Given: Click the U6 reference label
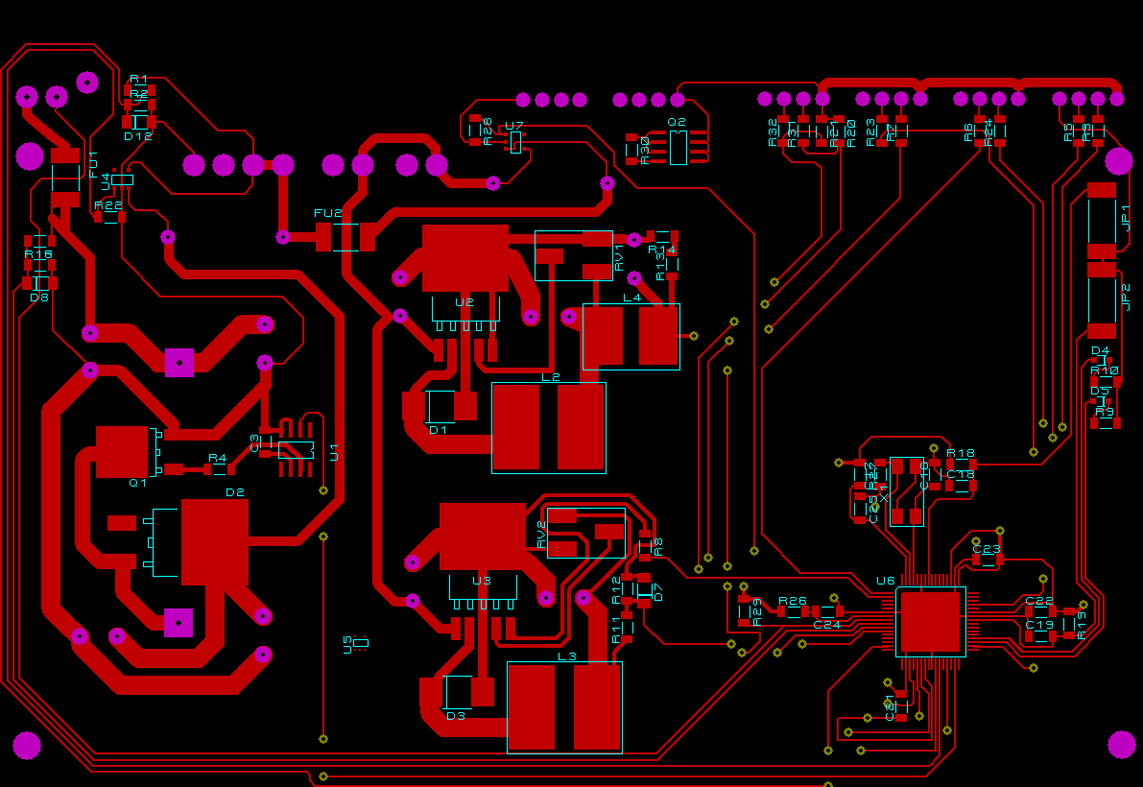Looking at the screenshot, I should tap(885, 581).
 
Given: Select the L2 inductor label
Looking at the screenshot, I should tap(550, 377).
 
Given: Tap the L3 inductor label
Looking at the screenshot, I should tap(567, 656).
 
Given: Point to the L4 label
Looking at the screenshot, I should tap(631, 298).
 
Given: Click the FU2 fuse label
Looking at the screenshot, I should tap(327, 213).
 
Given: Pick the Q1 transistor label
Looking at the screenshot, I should tap(138, 483).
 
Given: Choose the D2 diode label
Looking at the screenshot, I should tap(235, 492).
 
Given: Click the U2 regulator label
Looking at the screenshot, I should tap(464, 302).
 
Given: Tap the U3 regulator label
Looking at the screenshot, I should tap(482, 581).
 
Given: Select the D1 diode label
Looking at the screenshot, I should tap(439, 430).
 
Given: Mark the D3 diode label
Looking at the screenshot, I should tap(456, 716).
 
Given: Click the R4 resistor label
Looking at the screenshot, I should tap(218, 458).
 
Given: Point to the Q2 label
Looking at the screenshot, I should tap(677, 122).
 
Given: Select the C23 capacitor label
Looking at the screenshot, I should tap(987, 550).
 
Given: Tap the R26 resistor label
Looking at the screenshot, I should tap(793, 601).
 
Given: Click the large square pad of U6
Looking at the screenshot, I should tap(930, 621).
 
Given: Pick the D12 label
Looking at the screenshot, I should tap(138, 136).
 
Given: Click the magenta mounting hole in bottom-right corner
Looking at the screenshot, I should tap(1122, 744).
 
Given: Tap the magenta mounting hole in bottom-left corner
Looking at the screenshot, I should tap(27, 746).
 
